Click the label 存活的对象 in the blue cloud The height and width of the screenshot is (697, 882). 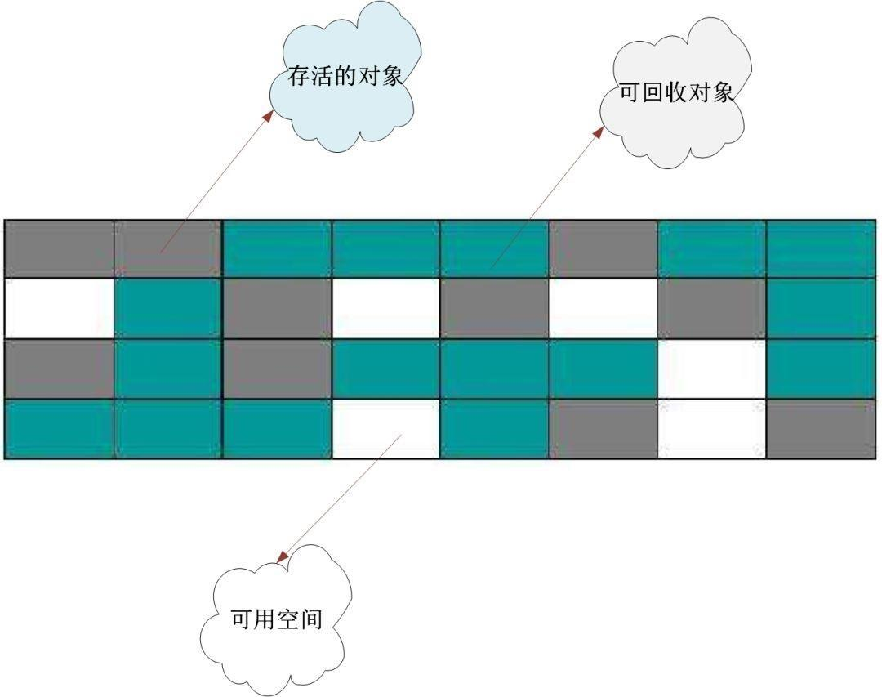tap(345, 77)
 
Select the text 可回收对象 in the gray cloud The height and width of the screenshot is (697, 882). tap(676, 92)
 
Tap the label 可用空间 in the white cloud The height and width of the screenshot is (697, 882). tap(277, 619)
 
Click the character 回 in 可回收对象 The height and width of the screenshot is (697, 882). tap(653, 92)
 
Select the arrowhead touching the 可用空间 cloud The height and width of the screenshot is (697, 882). tap(283, 557)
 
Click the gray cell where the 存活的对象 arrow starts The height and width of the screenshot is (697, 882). tap(168, 248)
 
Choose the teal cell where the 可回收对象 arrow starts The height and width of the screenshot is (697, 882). tap(494, 248)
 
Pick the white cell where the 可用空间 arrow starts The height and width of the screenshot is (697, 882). tap(385, 429)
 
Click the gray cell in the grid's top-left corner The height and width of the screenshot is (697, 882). tap(59, 248)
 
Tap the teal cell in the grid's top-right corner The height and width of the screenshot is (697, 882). tap(821, 248)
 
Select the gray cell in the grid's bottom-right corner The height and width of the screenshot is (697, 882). tap(821, 429)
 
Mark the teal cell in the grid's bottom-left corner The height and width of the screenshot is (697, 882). tap(59, 429)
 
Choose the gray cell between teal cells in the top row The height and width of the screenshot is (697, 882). tap(604, 248)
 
